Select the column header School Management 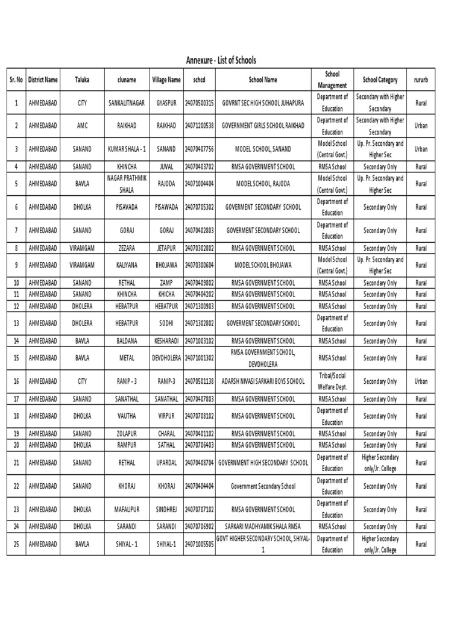coord(332,79)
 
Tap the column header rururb coord(421,79)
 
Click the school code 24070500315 coord(200,103)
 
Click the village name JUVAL coord(166,166)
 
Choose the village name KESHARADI coord(166,340)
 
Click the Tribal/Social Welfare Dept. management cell coord(332,381)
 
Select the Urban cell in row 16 coord(421,381)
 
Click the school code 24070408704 coord(200,463)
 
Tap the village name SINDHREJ coord(166,509)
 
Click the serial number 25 coord(16,544)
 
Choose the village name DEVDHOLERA coord(166,358)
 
